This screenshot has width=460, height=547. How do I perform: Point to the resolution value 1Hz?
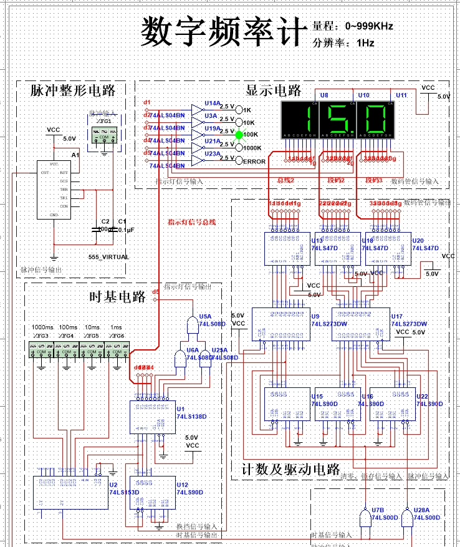point(365,43)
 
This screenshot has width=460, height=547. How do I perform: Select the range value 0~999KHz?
point(369,26)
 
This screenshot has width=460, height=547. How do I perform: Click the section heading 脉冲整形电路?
point(73,90)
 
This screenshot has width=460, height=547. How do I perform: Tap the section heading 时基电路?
point(118,296)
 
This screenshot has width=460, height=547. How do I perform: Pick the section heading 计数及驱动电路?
point(290,469)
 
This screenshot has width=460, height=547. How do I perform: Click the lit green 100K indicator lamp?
point(239,133)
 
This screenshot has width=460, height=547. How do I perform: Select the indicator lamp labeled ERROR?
point(239,161)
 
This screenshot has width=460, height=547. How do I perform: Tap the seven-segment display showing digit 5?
point(337,118)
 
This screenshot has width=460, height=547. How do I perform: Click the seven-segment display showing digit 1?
point(300,118)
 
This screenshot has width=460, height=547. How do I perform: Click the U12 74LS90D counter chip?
point(150,493)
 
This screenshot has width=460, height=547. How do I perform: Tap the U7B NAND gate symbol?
point(364,516)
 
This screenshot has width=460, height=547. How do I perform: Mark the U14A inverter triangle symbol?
point(197,109)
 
